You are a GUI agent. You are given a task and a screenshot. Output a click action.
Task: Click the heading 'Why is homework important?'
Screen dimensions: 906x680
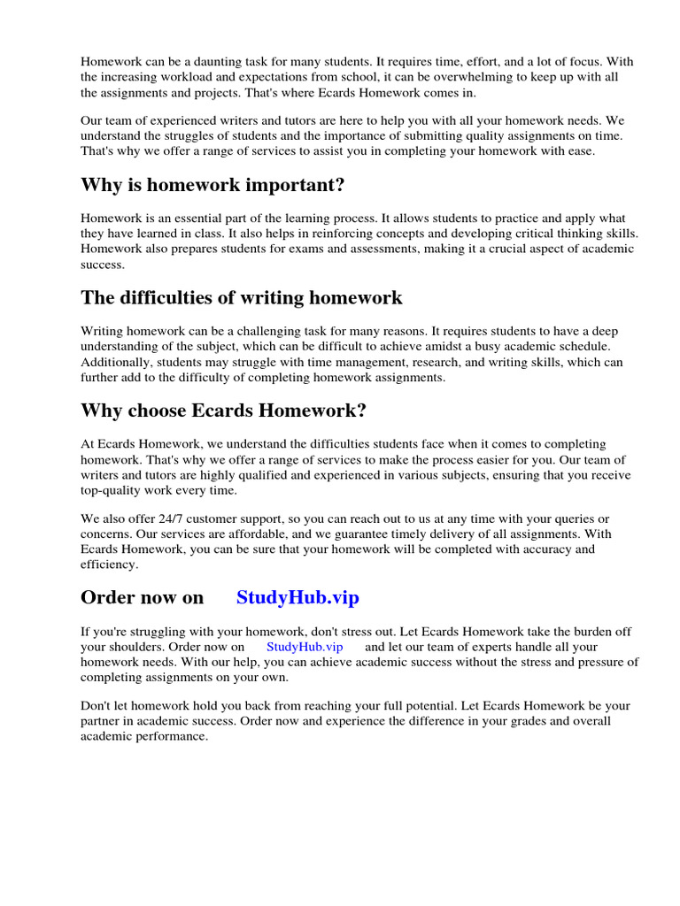(x=212, y=186)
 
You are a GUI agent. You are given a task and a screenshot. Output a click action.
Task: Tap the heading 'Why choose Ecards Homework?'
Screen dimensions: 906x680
(x=223, y=411)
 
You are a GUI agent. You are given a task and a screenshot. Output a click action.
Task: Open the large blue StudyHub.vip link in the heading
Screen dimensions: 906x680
(x=297, y=597)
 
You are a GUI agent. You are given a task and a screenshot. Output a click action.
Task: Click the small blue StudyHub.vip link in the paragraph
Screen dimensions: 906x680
(x=304, y=647)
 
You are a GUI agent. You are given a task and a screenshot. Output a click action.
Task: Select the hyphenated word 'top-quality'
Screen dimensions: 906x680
(x=112, y=490)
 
